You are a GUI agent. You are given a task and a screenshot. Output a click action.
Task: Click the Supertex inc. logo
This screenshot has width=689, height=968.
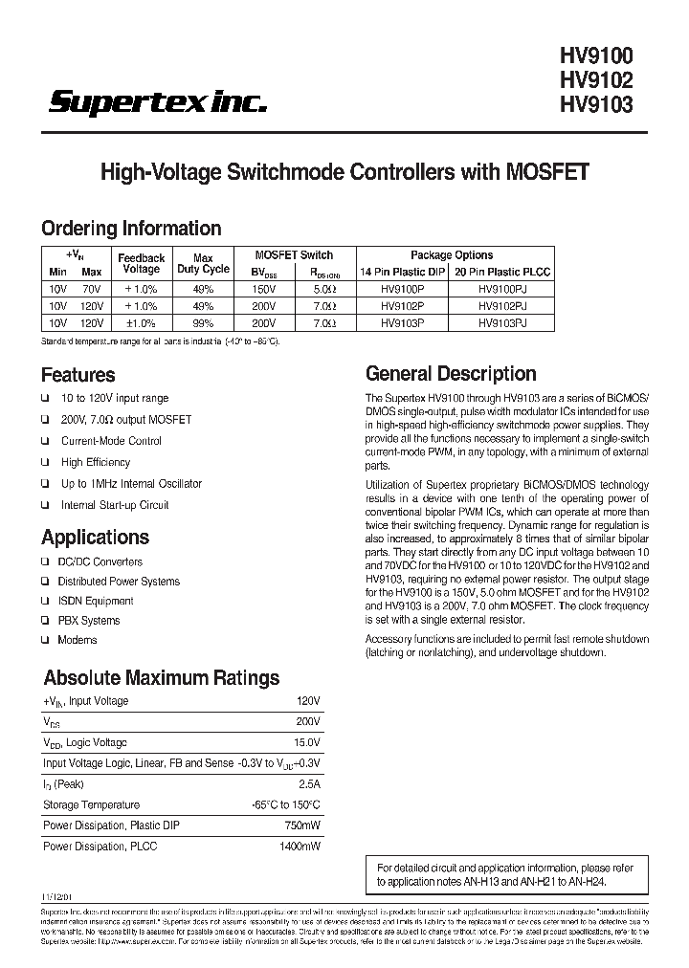coord(158,101)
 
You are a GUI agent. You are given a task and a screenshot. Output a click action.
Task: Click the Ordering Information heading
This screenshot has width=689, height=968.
coord(131,229)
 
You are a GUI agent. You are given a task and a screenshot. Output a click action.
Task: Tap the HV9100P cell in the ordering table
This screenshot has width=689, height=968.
coord(402,288)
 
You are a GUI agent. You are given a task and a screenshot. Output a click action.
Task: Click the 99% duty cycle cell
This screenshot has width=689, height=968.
coord(203,323)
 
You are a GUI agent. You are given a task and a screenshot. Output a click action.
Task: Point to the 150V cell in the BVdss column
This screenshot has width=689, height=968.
coord(263,288)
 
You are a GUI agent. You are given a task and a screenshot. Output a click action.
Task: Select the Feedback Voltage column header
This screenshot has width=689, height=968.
coord(141,264)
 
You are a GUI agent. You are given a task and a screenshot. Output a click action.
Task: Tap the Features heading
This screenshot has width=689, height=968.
coord(78,375)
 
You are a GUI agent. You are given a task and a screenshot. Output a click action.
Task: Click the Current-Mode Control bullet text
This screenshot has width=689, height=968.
coord(111,441)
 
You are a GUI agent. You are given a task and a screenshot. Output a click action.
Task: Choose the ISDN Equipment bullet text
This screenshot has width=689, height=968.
coord(96,601)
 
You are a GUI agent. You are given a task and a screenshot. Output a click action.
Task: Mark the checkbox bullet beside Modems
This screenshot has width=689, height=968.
coord(45,640)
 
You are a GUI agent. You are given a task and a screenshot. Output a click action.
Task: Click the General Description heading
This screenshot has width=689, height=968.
coord(451,374)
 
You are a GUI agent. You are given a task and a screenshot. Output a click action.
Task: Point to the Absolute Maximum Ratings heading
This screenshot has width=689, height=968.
coord(162,678)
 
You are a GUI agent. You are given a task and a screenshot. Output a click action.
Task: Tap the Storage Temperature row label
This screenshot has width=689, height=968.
coord(92,804)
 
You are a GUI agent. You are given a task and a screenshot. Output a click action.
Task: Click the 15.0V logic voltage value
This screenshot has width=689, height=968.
coord(305,742)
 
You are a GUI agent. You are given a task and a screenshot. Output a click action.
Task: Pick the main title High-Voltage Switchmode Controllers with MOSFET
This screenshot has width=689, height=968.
coord(344,173)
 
